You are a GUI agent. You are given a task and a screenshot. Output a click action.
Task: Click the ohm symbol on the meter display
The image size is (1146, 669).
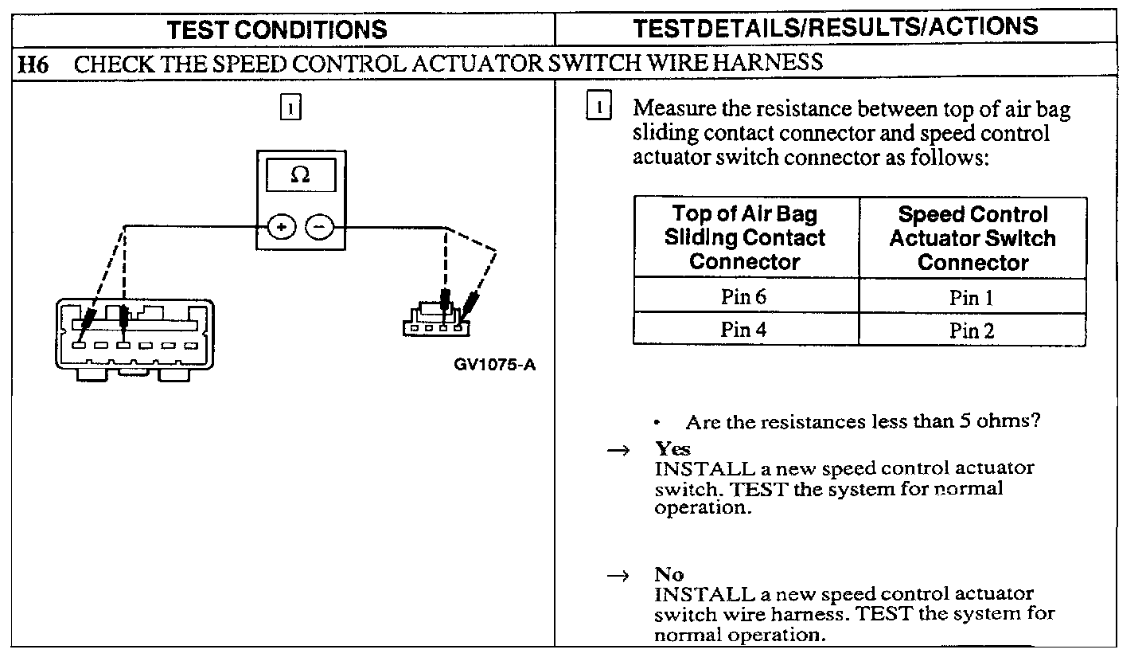click(300, 175)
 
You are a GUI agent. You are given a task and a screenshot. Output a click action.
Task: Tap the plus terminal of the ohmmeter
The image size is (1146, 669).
click(280, 227)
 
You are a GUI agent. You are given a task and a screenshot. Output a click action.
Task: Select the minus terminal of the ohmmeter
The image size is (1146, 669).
click(320, 227)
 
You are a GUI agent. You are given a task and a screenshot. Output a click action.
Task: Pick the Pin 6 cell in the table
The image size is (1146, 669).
click(746, 297)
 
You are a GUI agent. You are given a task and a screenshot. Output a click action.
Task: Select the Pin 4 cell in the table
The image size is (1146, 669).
click(746, 329)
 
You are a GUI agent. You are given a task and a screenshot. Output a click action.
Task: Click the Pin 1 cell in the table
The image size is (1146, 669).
click(972, 298)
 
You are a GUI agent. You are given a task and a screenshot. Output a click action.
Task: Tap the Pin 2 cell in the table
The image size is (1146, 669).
click(972, 330)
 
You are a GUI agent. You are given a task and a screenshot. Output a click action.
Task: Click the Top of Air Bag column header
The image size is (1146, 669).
click(746, 237)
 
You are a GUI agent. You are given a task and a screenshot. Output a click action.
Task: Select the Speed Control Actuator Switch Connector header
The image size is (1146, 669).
click(972, 237)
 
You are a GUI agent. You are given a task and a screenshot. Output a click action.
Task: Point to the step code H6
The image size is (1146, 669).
click(34, 63)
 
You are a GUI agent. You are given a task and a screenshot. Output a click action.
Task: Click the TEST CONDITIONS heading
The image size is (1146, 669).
click(277, 29)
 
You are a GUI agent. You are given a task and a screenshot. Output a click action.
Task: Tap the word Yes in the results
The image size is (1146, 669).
click(672, 448)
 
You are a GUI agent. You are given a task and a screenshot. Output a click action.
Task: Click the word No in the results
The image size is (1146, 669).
click(669, 574)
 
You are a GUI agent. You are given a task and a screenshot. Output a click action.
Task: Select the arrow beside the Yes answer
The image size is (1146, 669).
click(618, 451)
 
